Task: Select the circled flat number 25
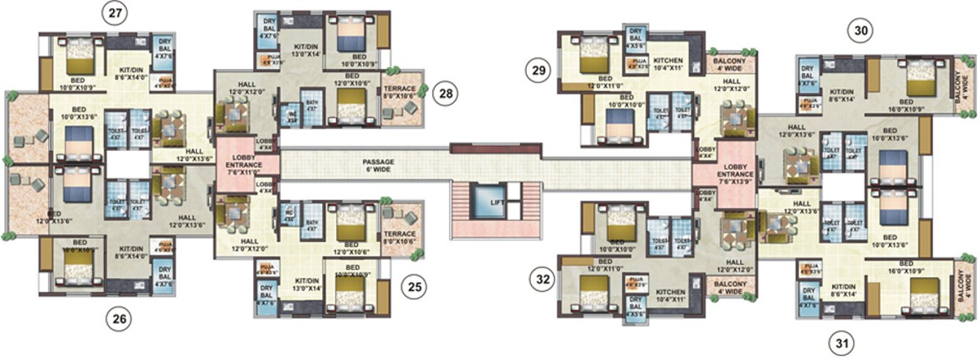[414, 289]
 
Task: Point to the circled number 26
[117, 317]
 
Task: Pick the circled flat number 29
[538, 71]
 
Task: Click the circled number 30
[860, 31]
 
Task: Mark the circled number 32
[542, 279]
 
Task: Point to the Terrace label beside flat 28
[399, 91]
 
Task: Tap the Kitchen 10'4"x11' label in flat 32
[668, 295]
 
